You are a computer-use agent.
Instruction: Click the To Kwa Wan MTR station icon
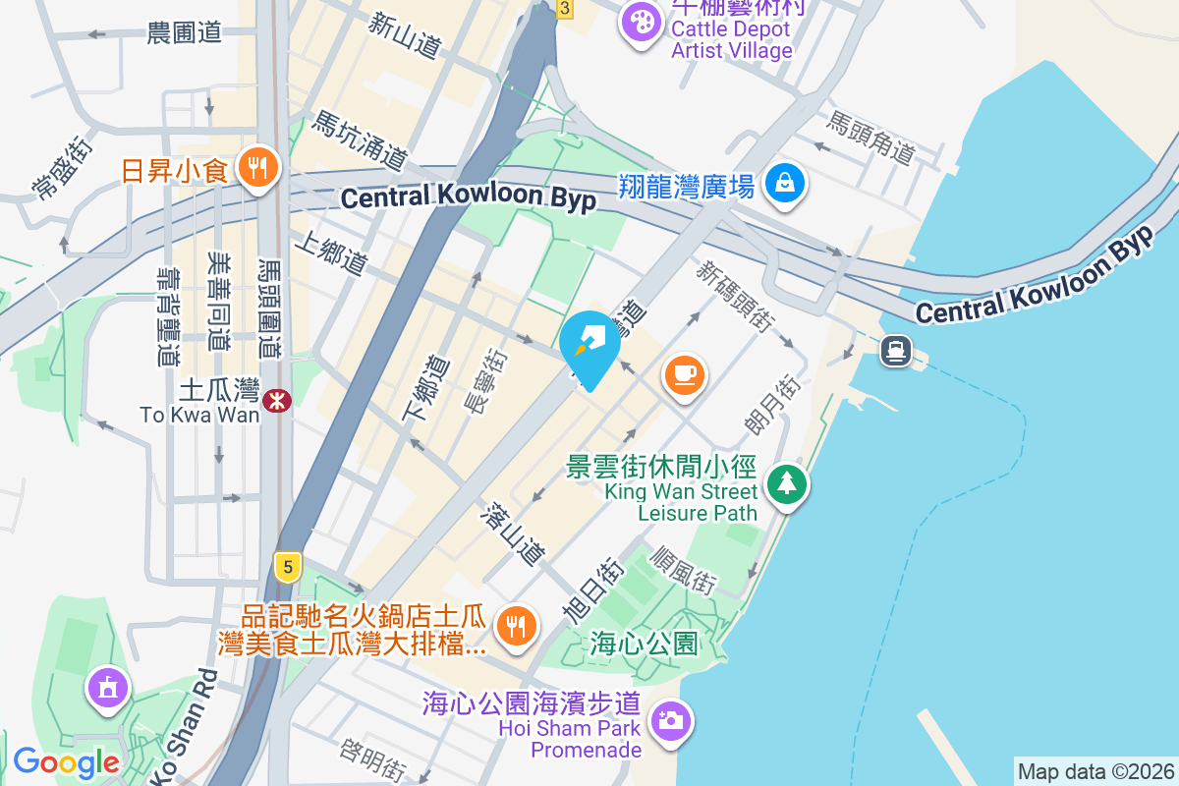[277, 399]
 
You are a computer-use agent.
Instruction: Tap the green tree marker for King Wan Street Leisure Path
[785, 483]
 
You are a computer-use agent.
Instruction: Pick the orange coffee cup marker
[685, 374]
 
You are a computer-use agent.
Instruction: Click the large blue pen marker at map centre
[589, 346]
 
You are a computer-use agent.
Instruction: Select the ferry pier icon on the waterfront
[896, 350]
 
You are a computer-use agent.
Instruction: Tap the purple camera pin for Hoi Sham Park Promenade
[671, 721]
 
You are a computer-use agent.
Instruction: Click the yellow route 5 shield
[287, 566]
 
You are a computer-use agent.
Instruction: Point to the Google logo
[66, 762]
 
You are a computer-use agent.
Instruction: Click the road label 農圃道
[184, 33]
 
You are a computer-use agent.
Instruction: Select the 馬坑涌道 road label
[360, 140]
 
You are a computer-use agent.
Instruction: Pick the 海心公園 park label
[645, 644]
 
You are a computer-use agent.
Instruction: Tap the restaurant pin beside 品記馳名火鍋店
[514, 625]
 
